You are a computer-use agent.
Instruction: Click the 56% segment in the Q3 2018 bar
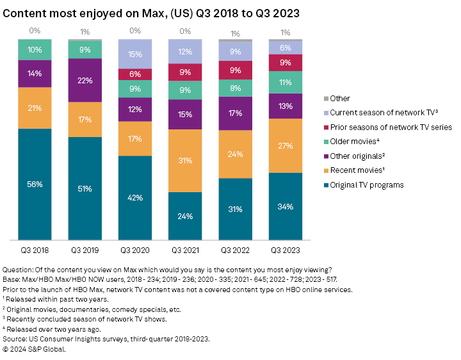(35, 184)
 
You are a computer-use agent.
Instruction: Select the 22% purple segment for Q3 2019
(85, 80)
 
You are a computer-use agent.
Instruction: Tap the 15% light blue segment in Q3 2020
(136, 54)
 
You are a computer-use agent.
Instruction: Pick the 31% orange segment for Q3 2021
(186, 160)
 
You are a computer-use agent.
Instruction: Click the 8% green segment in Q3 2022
(236, 88)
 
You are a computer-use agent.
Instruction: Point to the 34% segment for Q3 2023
(286, 206)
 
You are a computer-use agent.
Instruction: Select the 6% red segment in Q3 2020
(136, 74)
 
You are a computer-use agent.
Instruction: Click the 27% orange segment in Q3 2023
(286, 145)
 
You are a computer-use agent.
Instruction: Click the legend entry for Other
(340, 99)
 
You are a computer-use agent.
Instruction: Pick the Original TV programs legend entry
(366, 185)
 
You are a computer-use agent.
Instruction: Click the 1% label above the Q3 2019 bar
(85, 31)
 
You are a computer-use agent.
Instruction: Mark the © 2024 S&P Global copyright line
(35, 349)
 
